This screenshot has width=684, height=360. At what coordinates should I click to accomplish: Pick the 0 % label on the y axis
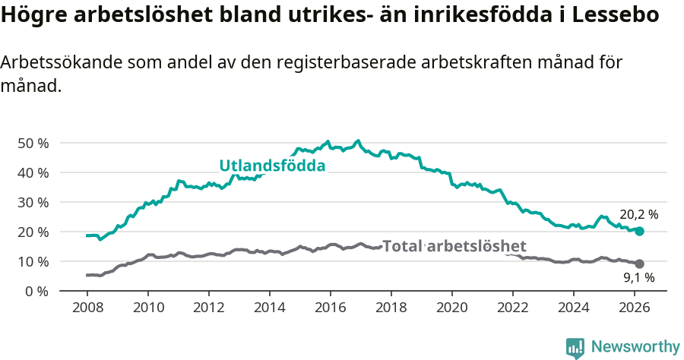[x=36, y=291]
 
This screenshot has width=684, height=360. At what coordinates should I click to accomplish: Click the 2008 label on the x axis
[x=87, y=308]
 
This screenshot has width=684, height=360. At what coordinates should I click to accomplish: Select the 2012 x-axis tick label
[x=208, y=308]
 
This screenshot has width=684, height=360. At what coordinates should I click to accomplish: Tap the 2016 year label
[x=330, y=308]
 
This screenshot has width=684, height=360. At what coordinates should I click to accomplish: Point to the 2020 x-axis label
[x=452, y=308]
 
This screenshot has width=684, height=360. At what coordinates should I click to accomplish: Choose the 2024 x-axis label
[x=574, y=308]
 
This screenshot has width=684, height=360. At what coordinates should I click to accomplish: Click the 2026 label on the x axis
[x=635, y=308]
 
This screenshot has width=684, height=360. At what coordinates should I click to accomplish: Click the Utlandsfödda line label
[x=272, y=166]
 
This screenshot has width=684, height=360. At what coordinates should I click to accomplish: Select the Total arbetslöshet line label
[x=454, y=246]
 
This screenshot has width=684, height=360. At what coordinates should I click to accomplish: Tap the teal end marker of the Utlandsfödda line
[x=639, y=231]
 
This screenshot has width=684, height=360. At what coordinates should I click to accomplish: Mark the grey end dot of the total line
[x=639, y=264]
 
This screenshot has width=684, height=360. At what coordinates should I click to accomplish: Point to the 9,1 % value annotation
[x=638, y=279]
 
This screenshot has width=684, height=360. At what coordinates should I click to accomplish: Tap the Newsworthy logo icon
[x=575, y=347]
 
